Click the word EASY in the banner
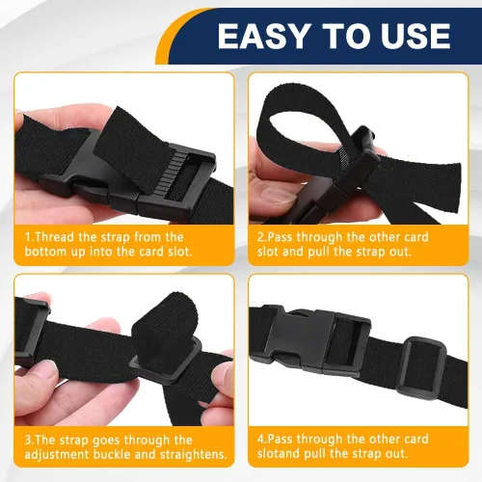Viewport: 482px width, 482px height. point(263,36)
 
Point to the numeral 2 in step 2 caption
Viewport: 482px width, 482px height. point(260,237)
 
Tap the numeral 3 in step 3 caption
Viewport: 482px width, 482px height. point(28,440)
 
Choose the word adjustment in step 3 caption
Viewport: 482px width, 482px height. point(57,455)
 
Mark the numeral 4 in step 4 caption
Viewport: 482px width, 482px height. point(260,439)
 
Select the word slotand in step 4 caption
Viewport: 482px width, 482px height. point(279,453)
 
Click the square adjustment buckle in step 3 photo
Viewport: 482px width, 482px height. point(166,359)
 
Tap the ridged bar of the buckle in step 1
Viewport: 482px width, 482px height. point(173,172)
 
